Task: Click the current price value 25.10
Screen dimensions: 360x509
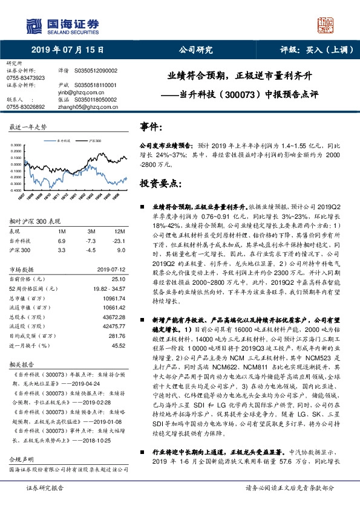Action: (x=118, y=279)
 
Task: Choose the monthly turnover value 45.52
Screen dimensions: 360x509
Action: (x=117, y=345)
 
